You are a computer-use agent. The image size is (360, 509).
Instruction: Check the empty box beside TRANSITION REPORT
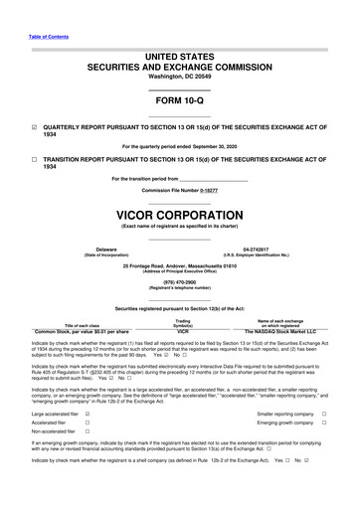(35, 159)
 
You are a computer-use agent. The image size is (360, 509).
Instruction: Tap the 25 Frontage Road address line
(179, 264)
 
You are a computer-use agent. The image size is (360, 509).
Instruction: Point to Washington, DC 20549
(179, 77)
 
